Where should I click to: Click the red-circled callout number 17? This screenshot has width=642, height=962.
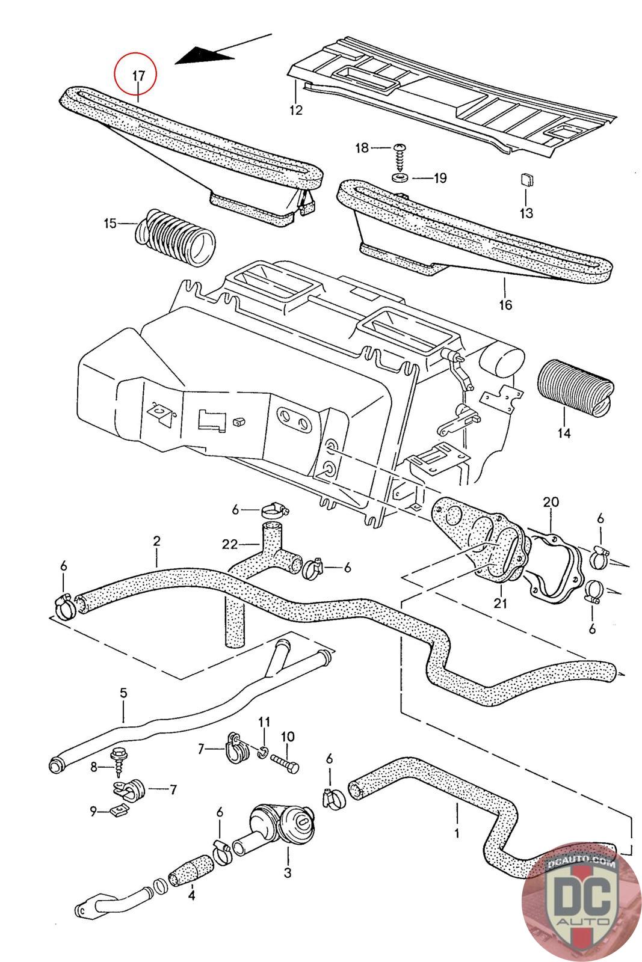click(138, 76)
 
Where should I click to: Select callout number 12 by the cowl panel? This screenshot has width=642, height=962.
click(296, 110)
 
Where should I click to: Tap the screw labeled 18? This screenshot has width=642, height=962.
click(399, 158)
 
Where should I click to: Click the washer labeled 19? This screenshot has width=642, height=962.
click(400, 177)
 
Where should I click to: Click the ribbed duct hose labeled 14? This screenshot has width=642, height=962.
click(575, 388)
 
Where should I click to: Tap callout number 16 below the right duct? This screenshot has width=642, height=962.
click(506, 304)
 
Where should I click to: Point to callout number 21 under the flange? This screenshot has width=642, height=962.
click(500, 604)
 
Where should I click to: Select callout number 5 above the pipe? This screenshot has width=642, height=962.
click(124, 693)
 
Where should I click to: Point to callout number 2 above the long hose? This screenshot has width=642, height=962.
click(156, 541)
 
